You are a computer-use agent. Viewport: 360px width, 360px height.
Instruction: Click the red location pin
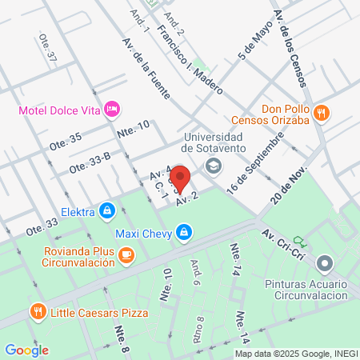click(180, 178)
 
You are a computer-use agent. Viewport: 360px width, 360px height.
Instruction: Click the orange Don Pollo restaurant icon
click(321, 112)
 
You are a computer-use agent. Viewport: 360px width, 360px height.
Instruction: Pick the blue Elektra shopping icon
click(107, 212)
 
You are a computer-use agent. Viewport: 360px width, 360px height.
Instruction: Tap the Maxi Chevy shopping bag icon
click(185, 233)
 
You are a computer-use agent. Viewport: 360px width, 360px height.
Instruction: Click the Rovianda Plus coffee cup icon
click(126, 254)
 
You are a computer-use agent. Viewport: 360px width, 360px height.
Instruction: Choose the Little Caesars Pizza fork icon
click(37, 312)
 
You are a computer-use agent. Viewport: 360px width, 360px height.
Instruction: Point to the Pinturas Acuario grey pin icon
click(324, 262)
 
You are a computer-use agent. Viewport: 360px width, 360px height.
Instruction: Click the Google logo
click(27, 350)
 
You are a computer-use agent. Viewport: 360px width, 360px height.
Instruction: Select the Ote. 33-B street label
click(90, 165)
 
